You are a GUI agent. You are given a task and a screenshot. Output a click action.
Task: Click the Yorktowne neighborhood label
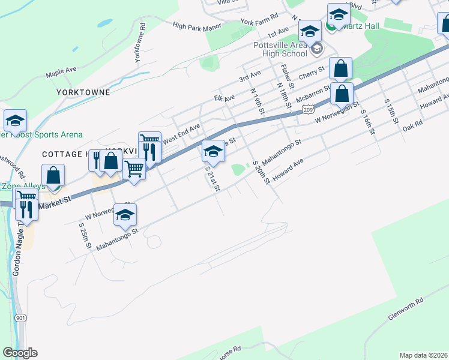(x=83, y=92)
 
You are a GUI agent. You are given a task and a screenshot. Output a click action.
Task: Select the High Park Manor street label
(x=197, y=25)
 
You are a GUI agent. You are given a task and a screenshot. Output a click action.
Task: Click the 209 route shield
(x=308, y=109)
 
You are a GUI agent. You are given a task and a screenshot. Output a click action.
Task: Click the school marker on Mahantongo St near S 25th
(x=125, y=214)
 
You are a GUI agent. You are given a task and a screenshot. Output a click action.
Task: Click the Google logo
(x=20, y=353)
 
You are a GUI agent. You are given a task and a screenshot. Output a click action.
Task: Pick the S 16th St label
(x=366, y=114)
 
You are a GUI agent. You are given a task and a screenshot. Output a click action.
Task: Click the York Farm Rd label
(x=259, y=21)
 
